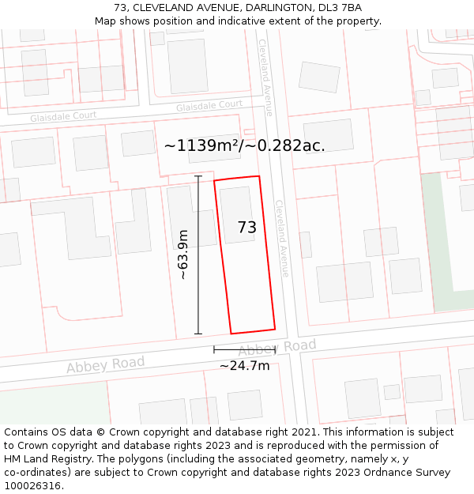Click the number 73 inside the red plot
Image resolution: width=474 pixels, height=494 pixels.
pos(247,228)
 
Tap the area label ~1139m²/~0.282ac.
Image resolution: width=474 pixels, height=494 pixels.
pos(245,145)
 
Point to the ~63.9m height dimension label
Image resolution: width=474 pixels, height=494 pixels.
pos(182,255)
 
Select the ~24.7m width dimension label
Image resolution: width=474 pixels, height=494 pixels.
pos(244,365)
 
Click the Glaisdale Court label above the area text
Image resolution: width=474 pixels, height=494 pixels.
pos(209,105)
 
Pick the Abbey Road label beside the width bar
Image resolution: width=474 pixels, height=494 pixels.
pos(278,348)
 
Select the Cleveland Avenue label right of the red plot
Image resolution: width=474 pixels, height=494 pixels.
pos(282,237)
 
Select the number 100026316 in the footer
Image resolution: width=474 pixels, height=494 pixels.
pos(32,485)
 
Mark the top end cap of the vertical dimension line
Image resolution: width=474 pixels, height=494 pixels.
pos(198,176)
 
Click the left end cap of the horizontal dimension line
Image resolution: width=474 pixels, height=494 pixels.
pos(214,349)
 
